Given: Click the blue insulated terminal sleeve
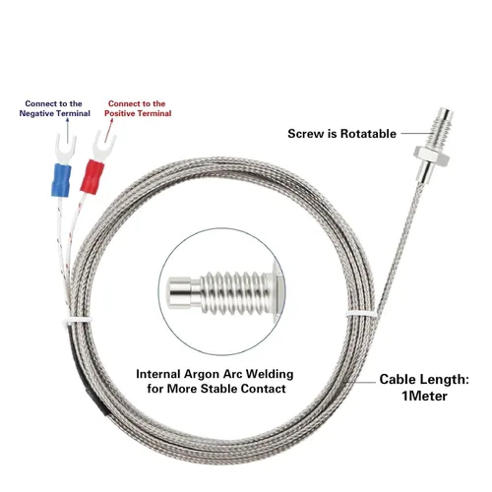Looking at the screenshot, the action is coord(61,180).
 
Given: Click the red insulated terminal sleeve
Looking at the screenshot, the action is coord(92,177).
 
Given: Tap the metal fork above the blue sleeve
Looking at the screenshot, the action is coord(66,149).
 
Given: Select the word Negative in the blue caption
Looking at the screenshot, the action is coord(36,113).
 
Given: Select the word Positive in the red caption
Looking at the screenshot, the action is coord(119,113).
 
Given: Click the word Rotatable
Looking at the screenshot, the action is coord(368,134).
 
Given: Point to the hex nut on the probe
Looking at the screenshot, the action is coord(431,154).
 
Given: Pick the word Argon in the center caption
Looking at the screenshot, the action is coord(202,374).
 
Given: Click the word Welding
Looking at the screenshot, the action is coord(270,374).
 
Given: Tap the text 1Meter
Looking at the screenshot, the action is coord(424,396).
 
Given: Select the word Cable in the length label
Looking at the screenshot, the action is coord(398,380).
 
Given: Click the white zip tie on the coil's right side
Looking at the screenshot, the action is coord(361,314).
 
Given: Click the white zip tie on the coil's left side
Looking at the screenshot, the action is coord(78,320).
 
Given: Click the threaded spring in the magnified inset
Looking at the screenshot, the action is coord(235,293).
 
